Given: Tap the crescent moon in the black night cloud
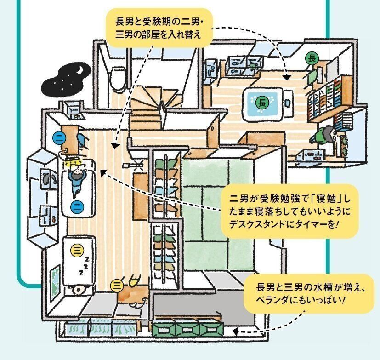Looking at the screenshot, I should (80, 69).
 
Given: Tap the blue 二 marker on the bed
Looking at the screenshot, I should (77, 207).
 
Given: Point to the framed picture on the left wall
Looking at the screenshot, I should (54, 279).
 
